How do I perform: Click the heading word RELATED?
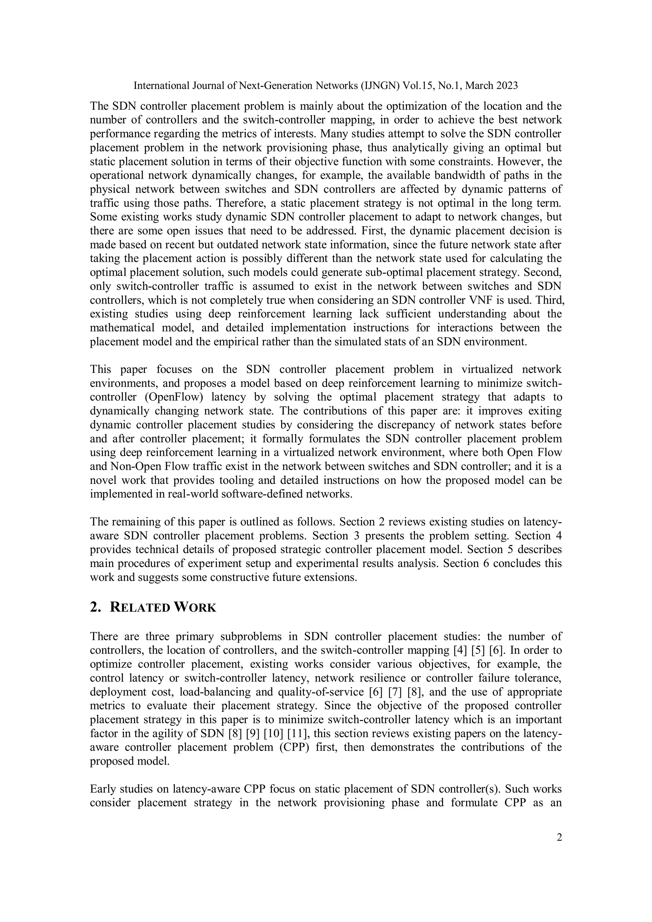point(140,608)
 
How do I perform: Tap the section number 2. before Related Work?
point(95,608)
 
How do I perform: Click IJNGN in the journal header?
point(382,86)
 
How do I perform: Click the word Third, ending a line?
point(549,300)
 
